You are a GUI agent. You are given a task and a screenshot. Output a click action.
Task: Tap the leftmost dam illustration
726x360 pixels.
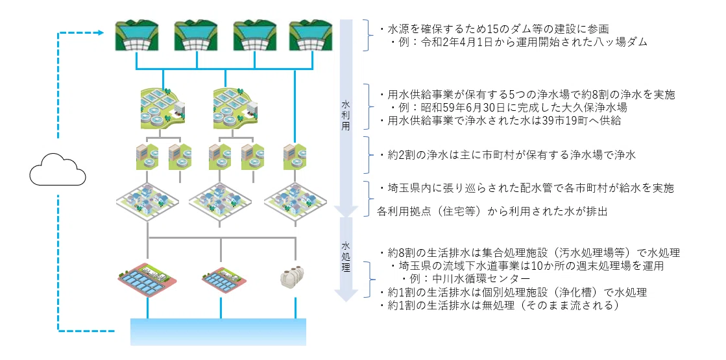coord(137,35)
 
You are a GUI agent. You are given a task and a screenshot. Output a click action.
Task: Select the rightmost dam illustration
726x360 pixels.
coord(311,35)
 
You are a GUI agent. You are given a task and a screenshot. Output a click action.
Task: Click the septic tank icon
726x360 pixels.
coord(295,277)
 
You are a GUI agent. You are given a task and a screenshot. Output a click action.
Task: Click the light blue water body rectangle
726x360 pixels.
coord(218,331)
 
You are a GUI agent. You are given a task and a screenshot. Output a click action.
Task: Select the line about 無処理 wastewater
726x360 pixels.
coord(499,306)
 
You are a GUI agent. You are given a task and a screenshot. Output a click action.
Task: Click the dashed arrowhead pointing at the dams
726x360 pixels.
coord(99,32)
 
